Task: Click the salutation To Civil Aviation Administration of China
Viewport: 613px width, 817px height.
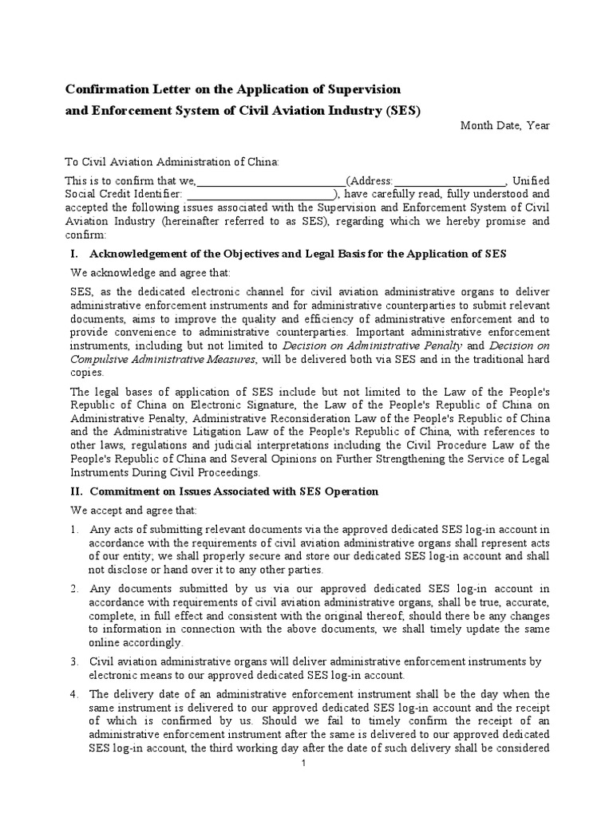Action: click(172, 162)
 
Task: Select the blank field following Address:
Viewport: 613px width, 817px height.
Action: click(449, 181)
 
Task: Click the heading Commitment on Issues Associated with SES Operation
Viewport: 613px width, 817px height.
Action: click(234, 491)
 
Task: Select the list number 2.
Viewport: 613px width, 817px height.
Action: click(73, 588)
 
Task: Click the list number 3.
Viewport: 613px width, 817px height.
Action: click(73, 661)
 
